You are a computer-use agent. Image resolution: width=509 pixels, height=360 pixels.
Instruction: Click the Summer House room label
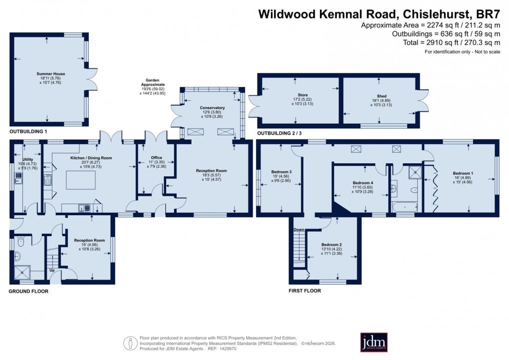[50, 74]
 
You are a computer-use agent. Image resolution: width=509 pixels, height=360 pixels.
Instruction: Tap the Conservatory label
[213, 108]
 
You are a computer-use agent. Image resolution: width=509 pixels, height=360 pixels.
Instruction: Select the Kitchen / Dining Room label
[91, 158]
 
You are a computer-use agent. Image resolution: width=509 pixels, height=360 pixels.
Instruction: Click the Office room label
[156, 158]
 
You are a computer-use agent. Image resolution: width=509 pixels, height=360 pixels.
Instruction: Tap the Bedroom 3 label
[281, 172]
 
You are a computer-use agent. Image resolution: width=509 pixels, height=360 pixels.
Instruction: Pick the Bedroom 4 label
[362, 183]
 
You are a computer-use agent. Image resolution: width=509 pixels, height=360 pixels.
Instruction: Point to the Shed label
[382, 96]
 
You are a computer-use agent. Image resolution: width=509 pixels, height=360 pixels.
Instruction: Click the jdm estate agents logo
[374, 342]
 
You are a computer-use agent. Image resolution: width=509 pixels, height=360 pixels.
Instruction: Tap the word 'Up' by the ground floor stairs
[51, 271]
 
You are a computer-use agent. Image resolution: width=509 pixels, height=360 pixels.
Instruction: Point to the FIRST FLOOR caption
[305, 290]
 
